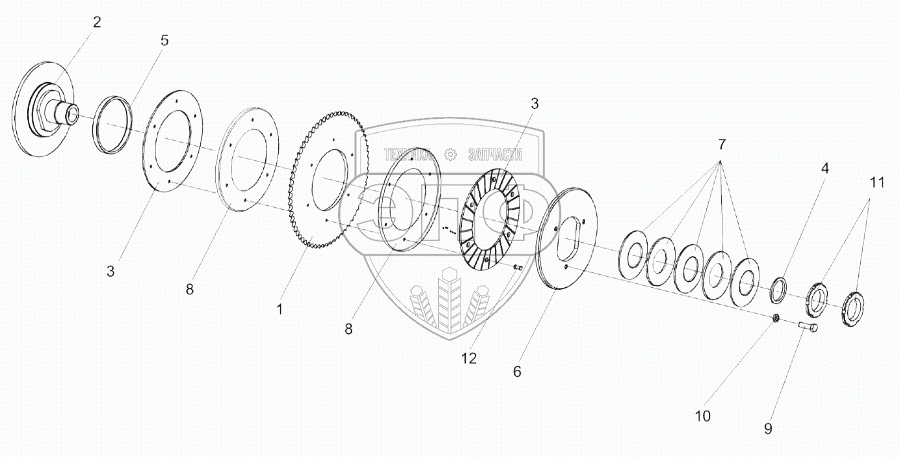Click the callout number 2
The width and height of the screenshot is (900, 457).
[97, 23]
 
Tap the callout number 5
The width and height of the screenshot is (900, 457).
[165, 41]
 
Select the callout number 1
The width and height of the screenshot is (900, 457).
[279, 309]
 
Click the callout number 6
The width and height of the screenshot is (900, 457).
[517, 372]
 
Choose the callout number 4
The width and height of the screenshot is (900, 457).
[825, 168]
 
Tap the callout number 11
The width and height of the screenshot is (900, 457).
[875, 183]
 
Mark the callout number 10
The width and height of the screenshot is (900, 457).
[703, 416]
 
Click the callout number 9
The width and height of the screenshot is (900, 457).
[768, 428]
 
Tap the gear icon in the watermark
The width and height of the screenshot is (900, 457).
[450, 154]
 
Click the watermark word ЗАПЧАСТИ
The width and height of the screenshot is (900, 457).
[494, 154]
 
